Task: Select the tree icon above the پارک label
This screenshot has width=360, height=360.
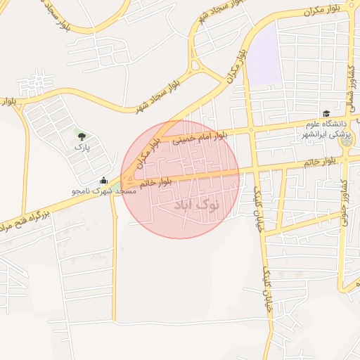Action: tap(83, 136)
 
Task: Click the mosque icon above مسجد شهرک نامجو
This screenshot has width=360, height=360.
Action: tap(104, 181)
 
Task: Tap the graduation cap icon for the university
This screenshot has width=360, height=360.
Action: tap(326, 114)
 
